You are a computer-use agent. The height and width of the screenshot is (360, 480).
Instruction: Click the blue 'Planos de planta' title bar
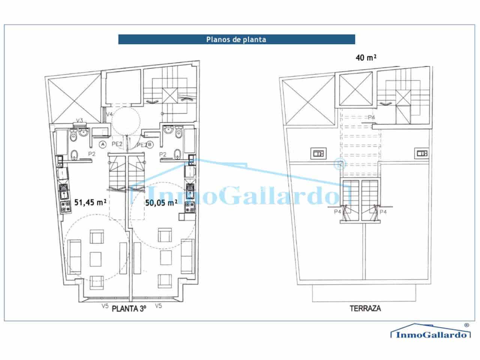(x=236, y=39)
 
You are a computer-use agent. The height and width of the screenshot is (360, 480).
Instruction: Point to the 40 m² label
(x=366, y=58)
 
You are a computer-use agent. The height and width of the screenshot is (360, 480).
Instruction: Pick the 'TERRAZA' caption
(x=365, y=308)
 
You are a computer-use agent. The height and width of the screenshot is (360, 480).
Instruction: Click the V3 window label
(x=79, y=120)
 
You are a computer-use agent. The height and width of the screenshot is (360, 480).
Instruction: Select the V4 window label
(x=109, y=114)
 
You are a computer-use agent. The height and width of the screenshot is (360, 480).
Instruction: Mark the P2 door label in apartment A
(x=91, y=154)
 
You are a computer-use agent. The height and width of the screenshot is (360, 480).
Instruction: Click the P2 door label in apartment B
(x=163, y=154)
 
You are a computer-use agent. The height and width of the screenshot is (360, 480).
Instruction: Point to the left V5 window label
(x=105, y=306)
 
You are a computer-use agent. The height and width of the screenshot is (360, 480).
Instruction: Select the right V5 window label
(x=158, y=306)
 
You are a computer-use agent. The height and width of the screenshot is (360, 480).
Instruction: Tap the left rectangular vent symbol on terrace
(x=318, y=153)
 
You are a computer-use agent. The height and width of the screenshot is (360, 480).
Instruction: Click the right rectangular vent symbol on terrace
(x=421, y=153)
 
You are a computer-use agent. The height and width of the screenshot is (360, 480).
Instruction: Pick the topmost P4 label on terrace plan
(x=371, y=118)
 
